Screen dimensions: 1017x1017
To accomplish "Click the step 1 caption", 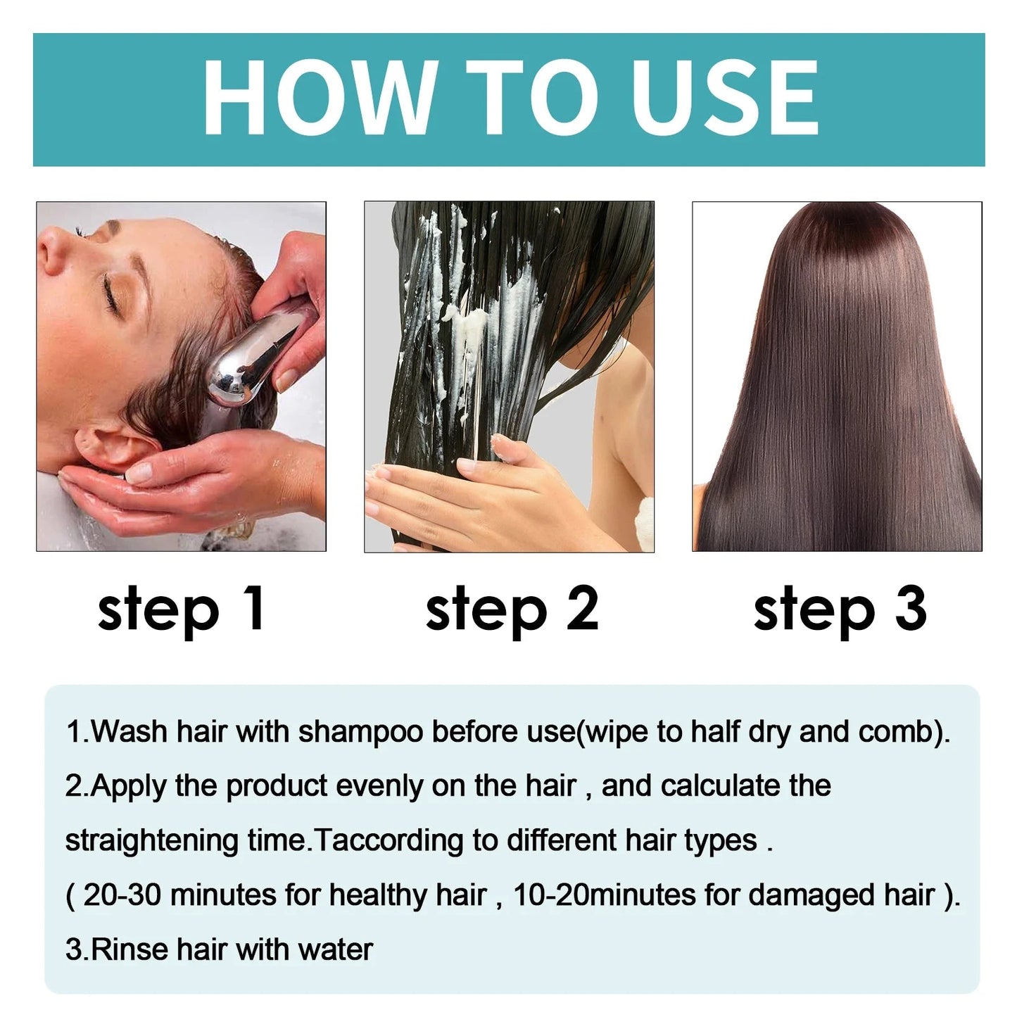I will (x=181, y=609).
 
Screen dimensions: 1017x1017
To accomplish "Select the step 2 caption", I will (x=512, y=609).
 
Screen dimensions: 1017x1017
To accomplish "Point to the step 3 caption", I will (x=840, y=609).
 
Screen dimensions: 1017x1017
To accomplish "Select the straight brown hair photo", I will (x=837, y=377).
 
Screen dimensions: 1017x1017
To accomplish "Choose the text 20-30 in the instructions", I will (x=122, y=895).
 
